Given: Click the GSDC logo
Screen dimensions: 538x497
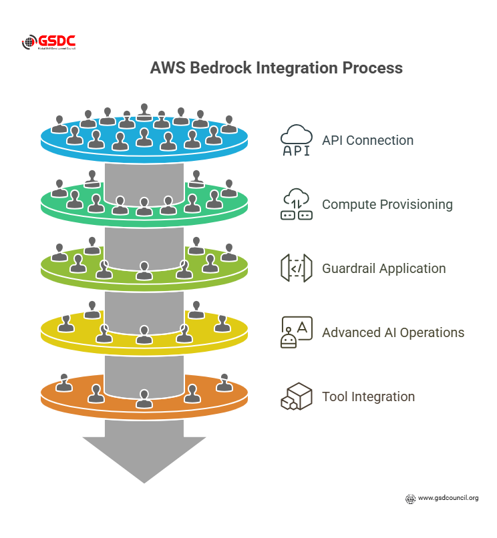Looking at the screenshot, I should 51,43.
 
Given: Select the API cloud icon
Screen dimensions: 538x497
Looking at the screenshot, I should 296,140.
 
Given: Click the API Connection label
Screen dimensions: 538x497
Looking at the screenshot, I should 367,141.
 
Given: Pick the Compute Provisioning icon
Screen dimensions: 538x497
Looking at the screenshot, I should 296,204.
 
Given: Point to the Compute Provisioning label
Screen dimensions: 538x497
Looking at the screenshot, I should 387,205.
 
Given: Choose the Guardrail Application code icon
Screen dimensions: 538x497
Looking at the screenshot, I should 296,268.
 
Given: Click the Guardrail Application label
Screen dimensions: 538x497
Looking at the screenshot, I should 383,269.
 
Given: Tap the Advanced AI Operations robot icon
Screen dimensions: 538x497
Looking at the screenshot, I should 296,332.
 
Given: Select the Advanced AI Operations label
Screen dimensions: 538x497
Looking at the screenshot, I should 393,333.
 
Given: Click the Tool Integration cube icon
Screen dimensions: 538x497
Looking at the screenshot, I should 296,396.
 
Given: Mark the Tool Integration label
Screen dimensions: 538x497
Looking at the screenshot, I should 368,397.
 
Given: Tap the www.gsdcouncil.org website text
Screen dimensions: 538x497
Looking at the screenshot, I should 448,498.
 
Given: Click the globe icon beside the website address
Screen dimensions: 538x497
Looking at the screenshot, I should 411,499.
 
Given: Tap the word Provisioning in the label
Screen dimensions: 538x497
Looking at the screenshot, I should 416,205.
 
